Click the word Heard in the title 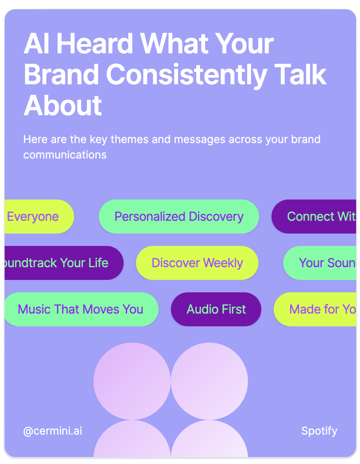[x=95, y=43]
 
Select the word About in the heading [x=63, y=105]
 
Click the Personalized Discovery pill [x=179, y=217]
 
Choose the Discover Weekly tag [x=197, y=263]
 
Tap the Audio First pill [x=216, y=309]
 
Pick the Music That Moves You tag [x=80, y=309]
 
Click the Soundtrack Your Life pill [x=58, y=263]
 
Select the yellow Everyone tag [x=35, y=217]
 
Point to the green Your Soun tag [x=323, y=263]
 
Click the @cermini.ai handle [x=53, y=431]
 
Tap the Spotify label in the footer [x=319, y=431]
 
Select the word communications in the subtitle [x=65, y=155]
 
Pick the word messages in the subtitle [x=200, y=139]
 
